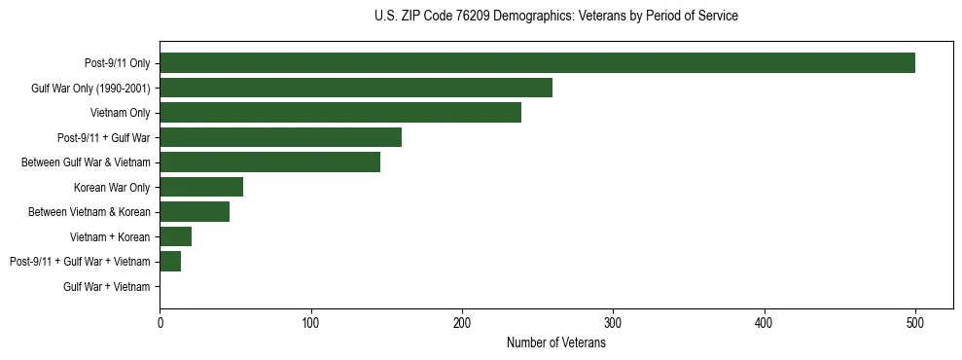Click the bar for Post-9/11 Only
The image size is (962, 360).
[x=537, y=63]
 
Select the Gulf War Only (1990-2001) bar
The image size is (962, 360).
[x=356, y=88]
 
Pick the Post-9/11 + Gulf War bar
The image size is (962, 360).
[x=280, y=137]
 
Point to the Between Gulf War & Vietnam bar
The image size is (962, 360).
[x=269, y=162]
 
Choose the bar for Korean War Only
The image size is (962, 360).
[x=201, y=187]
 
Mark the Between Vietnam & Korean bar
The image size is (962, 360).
[x=195, y=212]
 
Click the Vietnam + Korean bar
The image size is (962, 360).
[x=175, y=236]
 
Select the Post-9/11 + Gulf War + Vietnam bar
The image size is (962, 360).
[x=170, y=262]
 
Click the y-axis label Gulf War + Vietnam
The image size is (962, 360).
[x=107, y=287]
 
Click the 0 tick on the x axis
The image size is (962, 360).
[x=160, y=324]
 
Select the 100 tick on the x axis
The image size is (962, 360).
[x=310, y=324]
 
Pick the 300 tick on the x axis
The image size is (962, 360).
[x=613, y=324]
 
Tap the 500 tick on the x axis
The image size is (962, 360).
[x=915, y=324]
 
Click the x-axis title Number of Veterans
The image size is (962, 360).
[x=555, y=342]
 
